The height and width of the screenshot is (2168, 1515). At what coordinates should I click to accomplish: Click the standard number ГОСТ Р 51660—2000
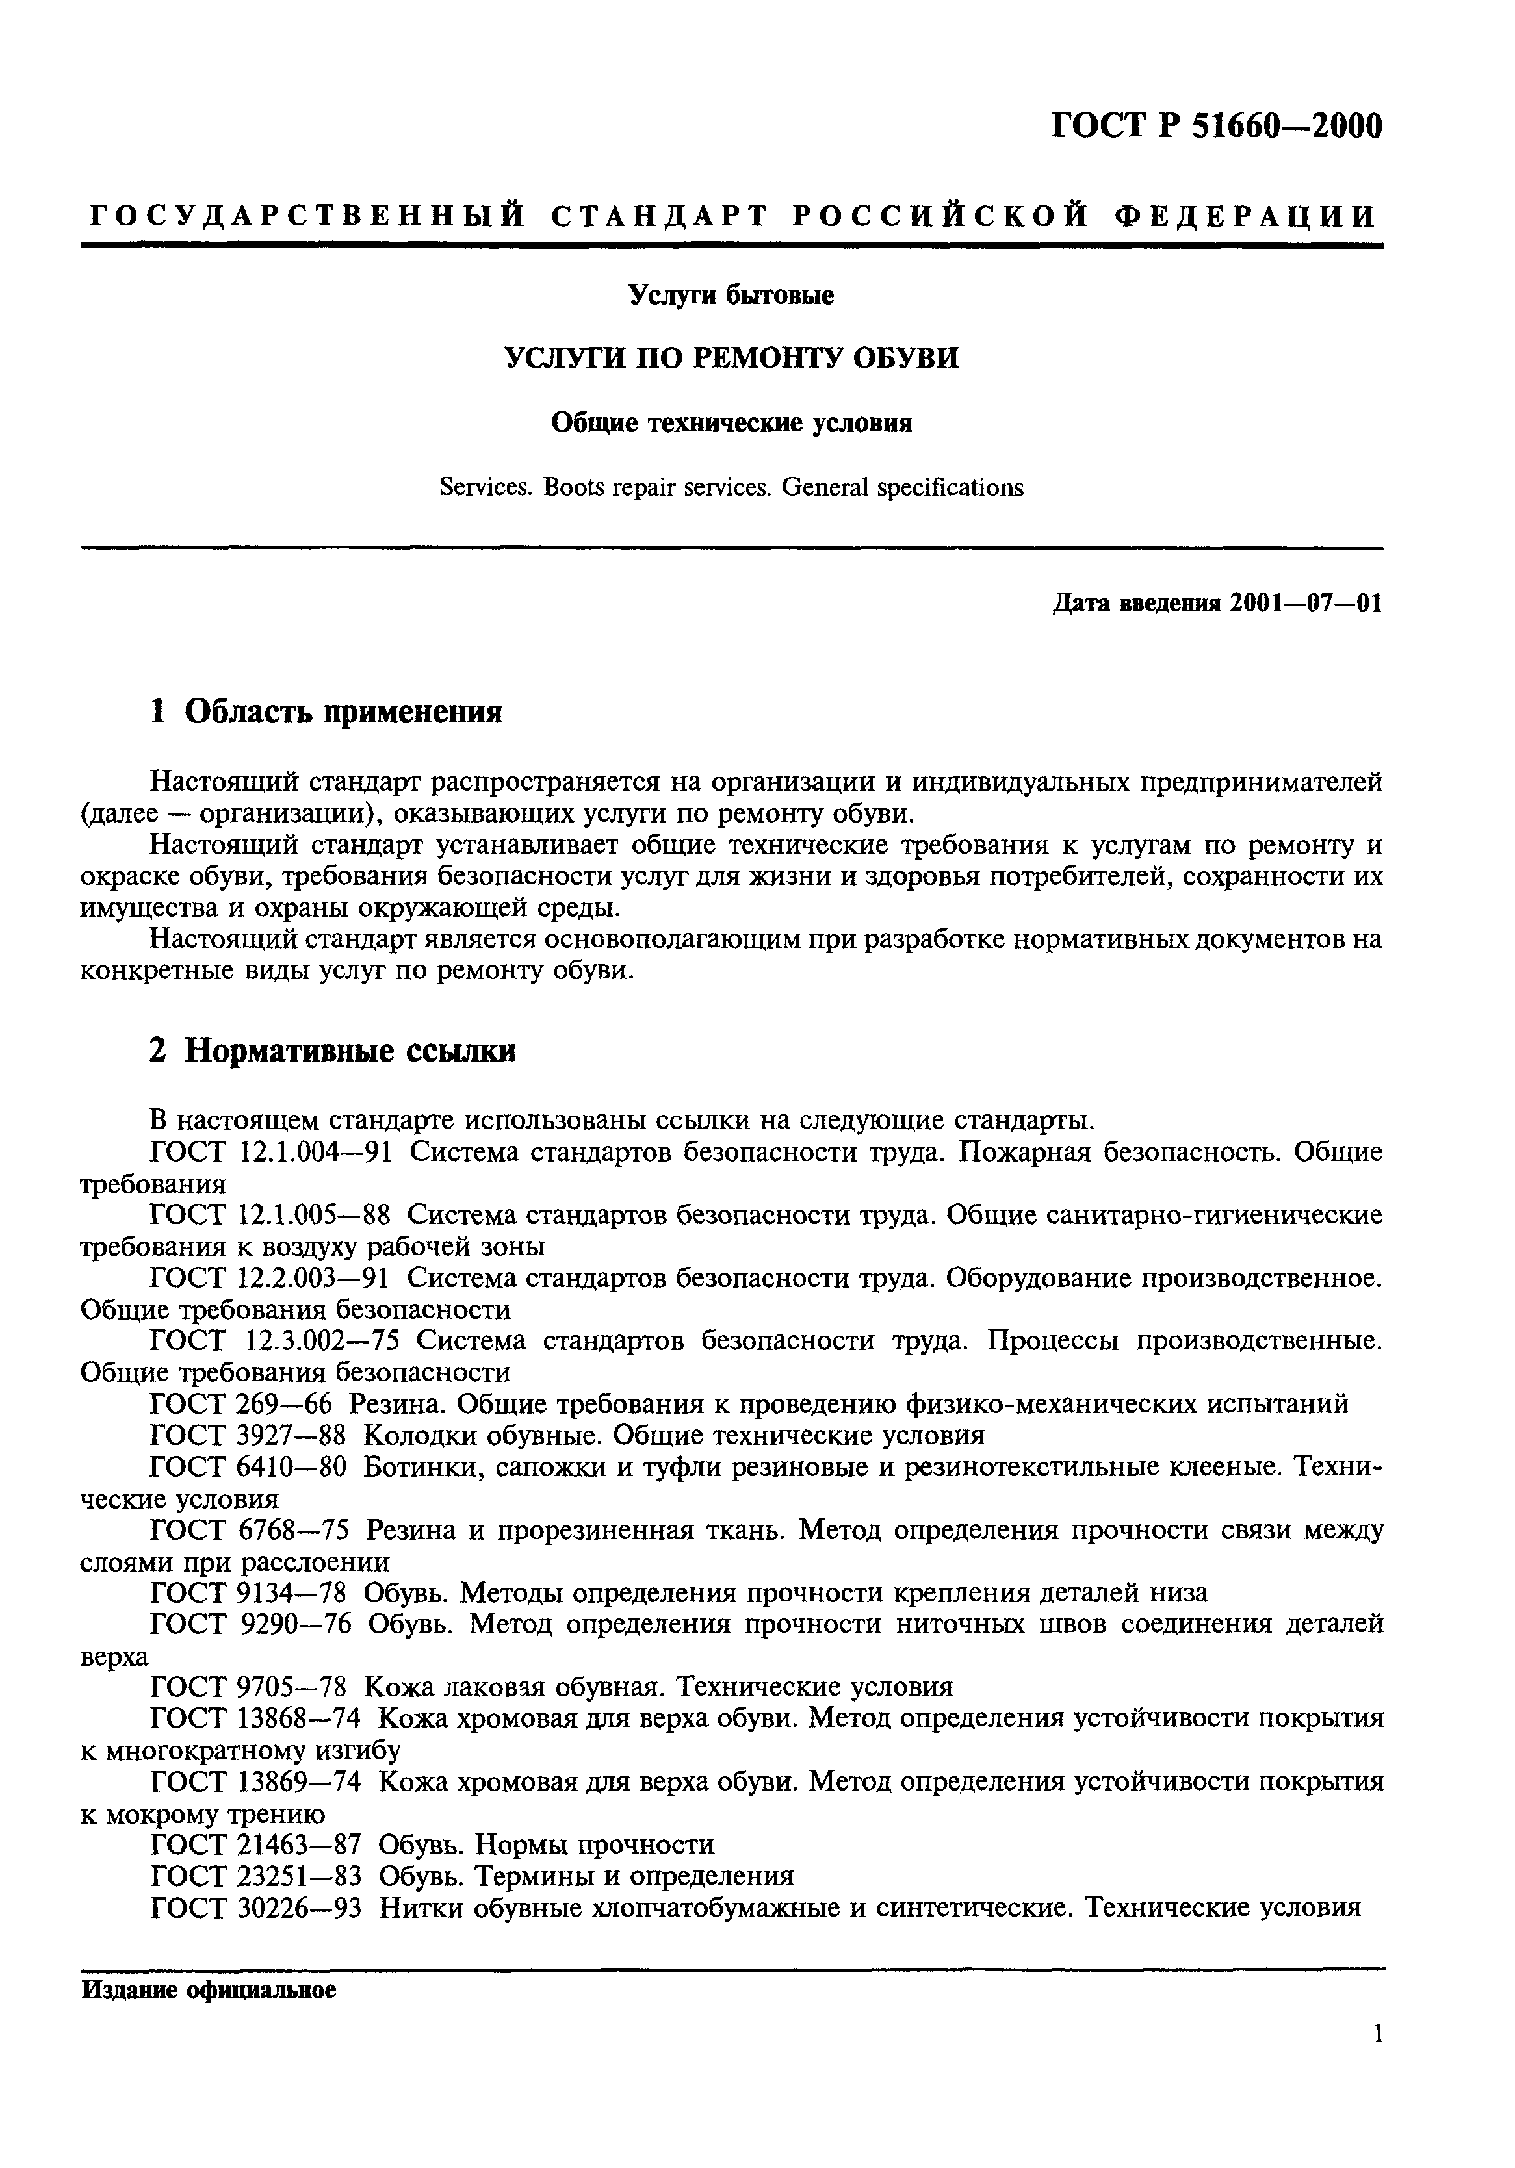(x=1217, y=125)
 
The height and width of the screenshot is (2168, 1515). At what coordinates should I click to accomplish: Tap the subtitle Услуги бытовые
(x=731, y=296)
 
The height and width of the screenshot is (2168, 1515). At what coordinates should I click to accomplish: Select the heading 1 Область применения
(x=326, y=711)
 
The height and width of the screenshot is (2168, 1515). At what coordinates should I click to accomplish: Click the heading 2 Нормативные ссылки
(x=333, y=1051)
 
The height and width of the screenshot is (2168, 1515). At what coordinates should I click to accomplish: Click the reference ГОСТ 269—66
(x=242, y=1404)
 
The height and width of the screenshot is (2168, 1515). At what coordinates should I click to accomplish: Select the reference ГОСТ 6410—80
(x=248, y=1468)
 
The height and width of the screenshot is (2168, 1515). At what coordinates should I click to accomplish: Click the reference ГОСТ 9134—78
(x=248, y=1593)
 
